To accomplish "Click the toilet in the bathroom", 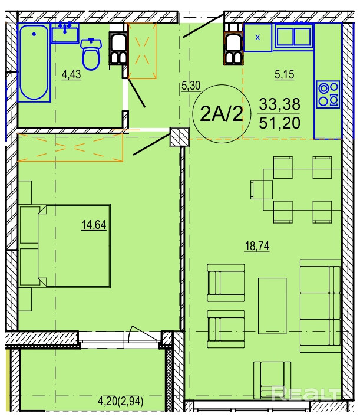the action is coord(91,54).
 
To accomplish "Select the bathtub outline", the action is coord(34,63).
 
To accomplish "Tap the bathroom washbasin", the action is coord(65,33).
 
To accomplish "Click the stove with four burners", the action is coord(328,94).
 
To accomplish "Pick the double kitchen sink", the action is coord(293,37).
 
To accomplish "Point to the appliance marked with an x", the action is coord(258,38).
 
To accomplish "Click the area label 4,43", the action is coord(71,74).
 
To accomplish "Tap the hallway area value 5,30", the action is coord(191,86).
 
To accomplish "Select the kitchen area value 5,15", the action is coord(285,74).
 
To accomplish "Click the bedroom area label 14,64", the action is coord(94,225).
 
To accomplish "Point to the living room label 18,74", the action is coord(257,246).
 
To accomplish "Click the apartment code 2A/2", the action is coord(222,114).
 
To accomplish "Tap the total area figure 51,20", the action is coord(279,123).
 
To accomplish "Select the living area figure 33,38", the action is coord(279,104).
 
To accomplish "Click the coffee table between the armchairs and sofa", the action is coord(272,306).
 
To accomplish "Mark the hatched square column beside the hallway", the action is coord(180,137).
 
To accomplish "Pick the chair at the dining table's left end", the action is coord(261,189).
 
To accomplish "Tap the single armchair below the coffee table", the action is coord(272,378).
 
